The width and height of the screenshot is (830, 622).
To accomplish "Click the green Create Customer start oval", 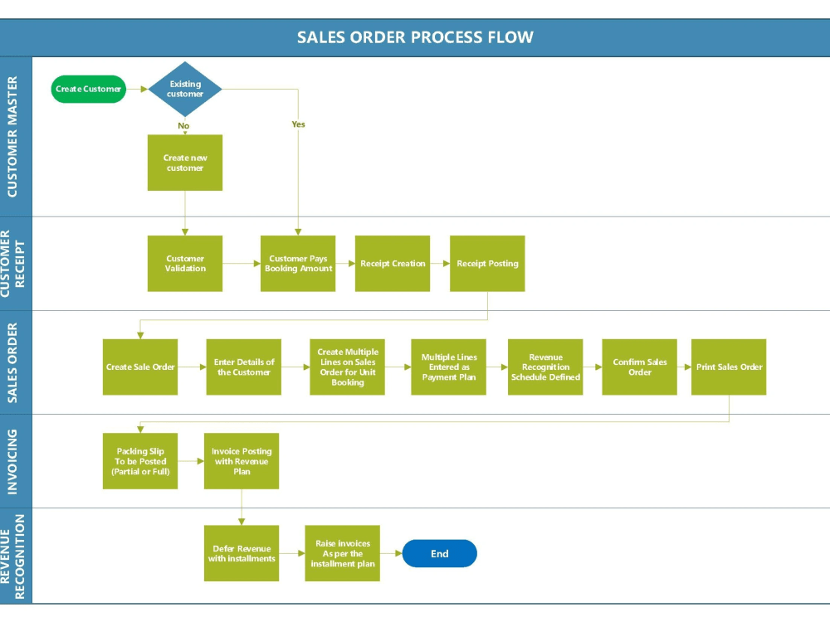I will [x=88, y=89].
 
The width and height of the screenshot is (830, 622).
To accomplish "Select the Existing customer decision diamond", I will [x=185, y=89].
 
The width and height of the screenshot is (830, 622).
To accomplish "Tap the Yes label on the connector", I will [x=298, y=124].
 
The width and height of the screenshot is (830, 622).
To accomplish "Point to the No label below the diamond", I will [x=183, y=126].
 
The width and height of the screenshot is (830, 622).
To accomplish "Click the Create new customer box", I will [x=185, y=163].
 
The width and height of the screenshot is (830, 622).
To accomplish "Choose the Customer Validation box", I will [x=185, y=264].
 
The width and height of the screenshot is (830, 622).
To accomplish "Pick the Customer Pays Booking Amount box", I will [x=298, y=264].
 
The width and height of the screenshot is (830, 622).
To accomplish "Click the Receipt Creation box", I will [x=393, y=264].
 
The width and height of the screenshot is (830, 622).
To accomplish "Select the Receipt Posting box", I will [x=487, y=264].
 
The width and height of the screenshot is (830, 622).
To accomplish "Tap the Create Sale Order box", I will [x=140, y=367].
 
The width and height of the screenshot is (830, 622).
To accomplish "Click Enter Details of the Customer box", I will [x=244, y=367].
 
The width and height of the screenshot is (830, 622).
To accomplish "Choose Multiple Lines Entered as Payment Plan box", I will [x=448, y=367].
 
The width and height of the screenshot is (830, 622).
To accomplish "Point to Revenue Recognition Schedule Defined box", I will [x=545, y=367].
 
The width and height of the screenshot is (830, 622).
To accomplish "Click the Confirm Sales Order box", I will [x=639, y=367].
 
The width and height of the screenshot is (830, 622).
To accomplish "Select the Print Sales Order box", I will [x=729, y=367].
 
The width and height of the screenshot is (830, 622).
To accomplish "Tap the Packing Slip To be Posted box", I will [x=140, y=461].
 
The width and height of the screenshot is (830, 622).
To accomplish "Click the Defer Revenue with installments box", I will [x=242, y=553].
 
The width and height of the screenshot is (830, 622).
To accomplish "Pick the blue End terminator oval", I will [x=439, y=553].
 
